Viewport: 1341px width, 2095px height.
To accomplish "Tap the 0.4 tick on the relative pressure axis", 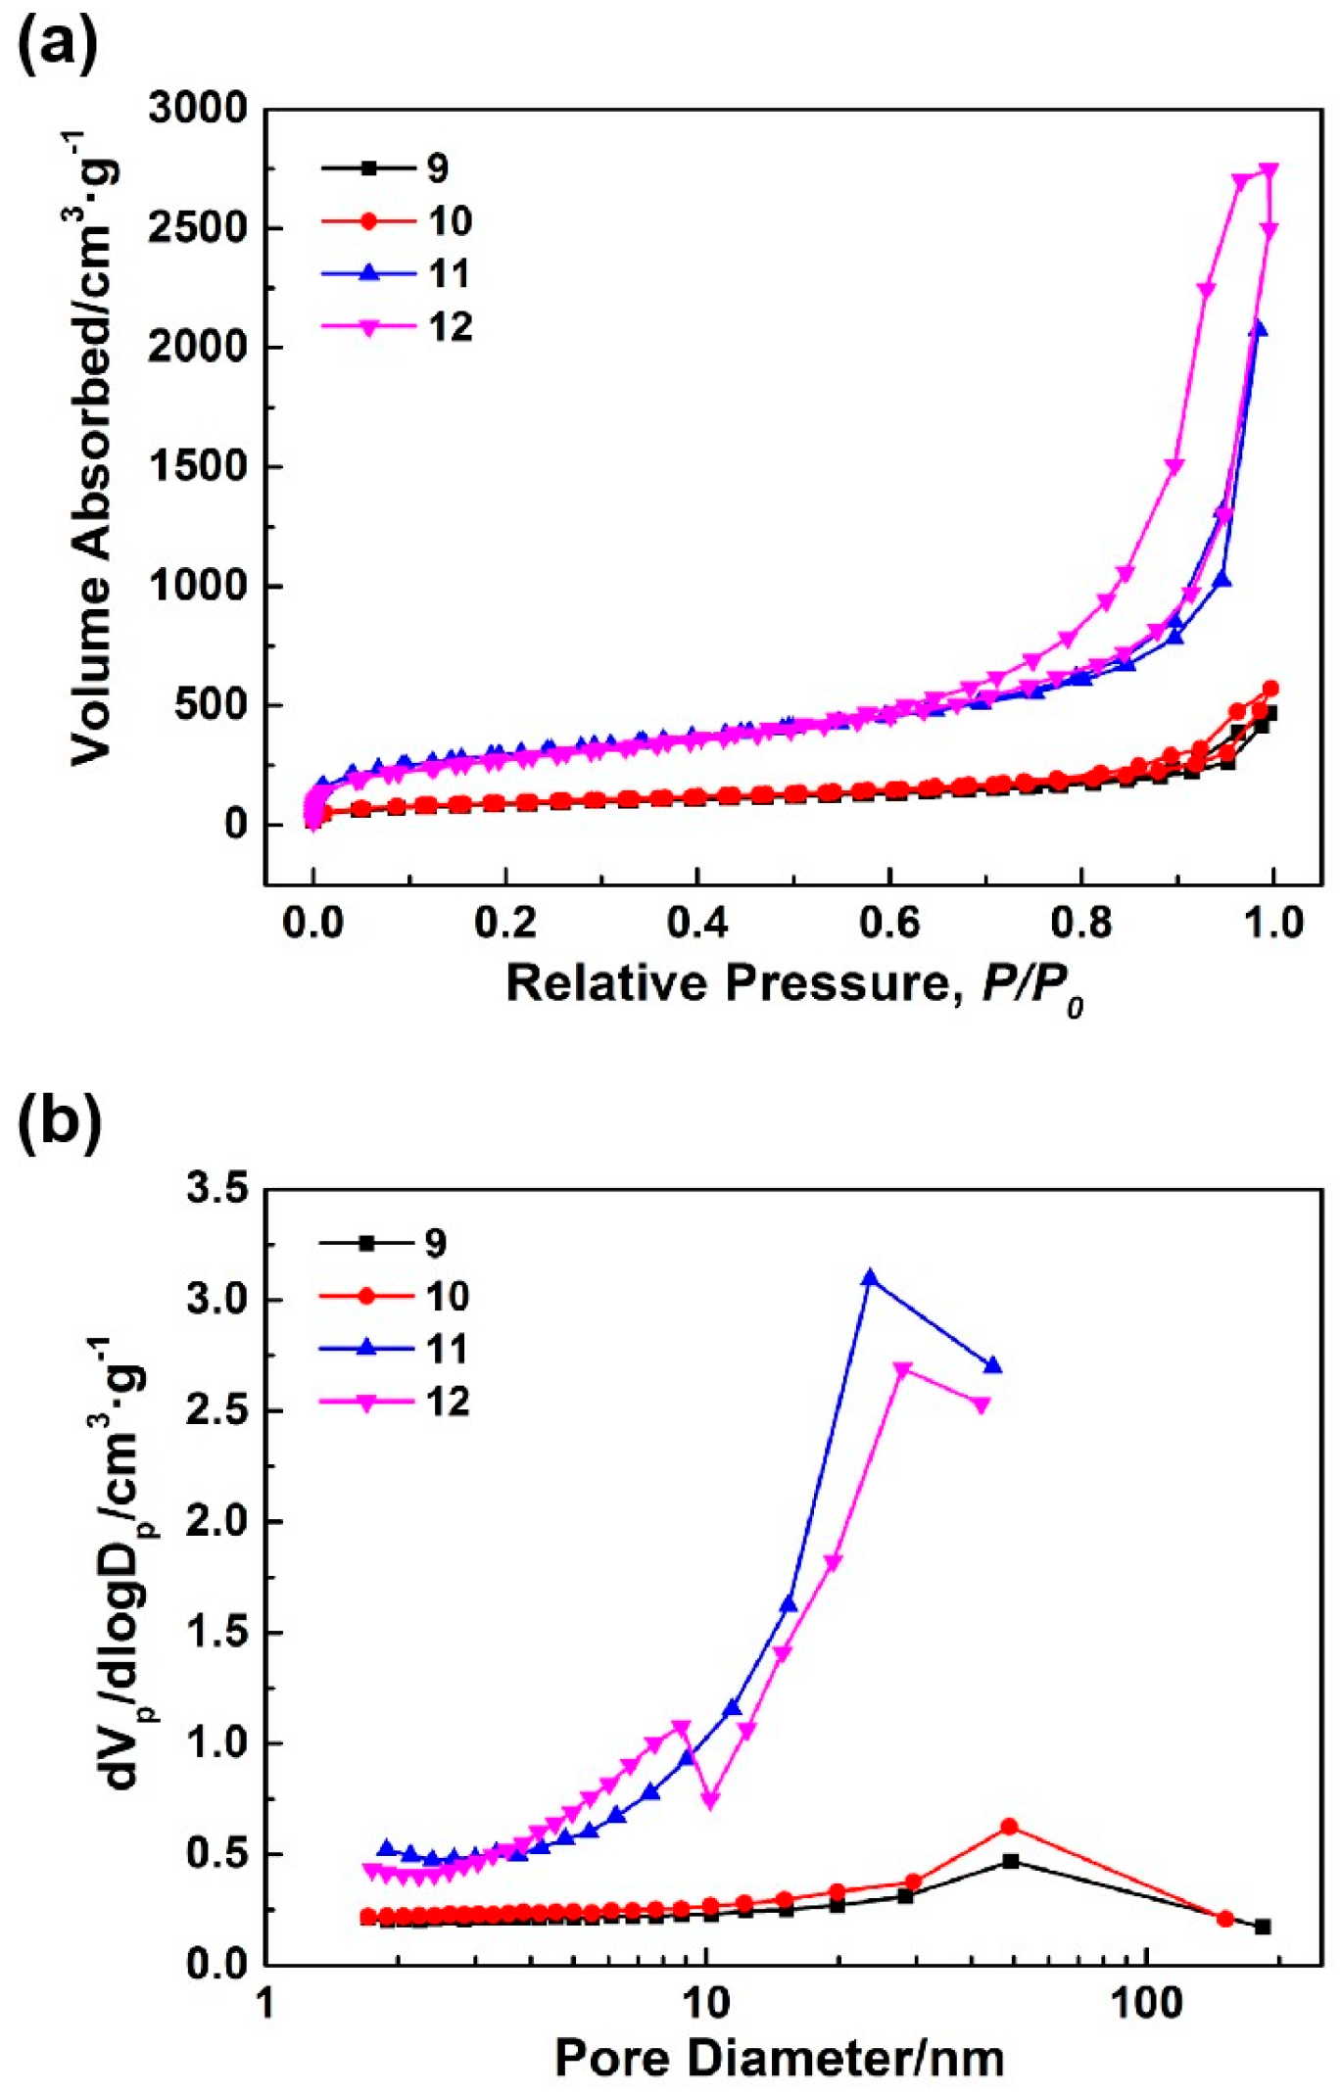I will click(x=696, y=923).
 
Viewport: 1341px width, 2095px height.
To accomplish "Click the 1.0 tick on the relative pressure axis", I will click(x=1273, y=923).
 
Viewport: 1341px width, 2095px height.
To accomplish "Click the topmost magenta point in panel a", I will click(x=1269, y=169).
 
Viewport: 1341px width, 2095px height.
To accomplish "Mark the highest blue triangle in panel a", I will click(x=1258, y=329).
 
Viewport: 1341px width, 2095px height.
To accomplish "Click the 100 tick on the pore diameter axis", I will click(x=1147, y=2003).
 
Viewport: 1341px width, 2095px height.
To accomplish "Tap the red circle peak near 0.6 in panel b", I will click(x=1010, y=1827).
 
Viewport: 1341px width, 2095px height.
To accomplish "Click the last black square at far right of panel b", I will click(x=1263, y=1927).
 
